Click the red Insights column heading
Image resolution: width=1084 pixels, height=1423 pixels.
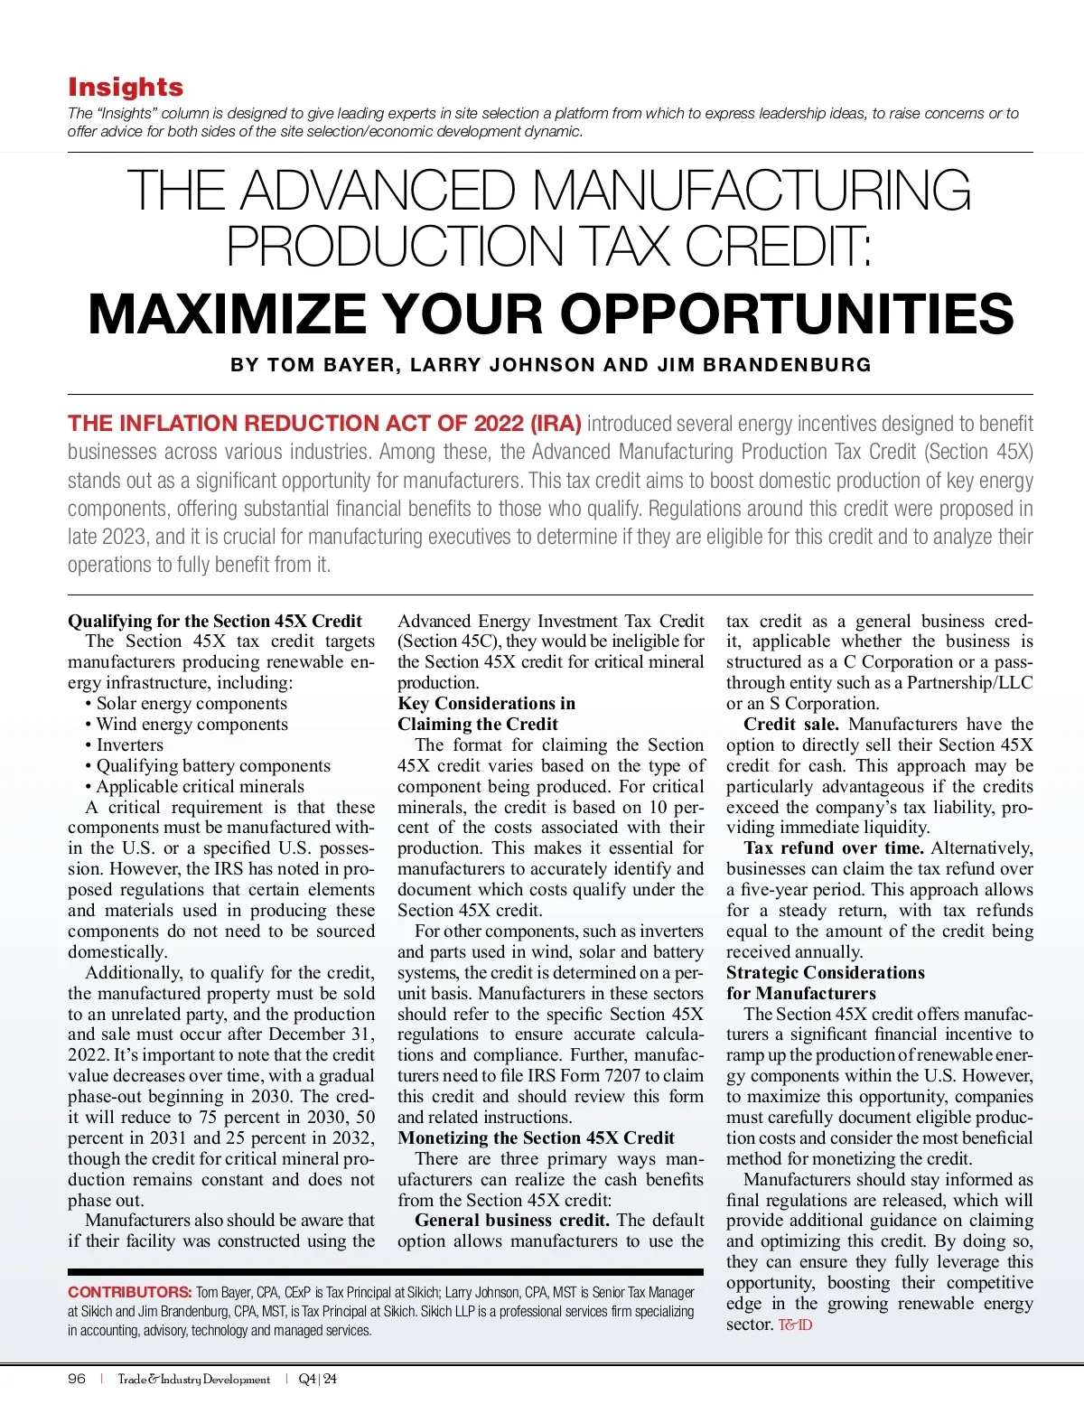(x=126, y=87)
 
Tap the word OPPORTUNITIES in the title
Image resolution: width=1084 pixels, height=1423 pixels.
(x=787, y=314)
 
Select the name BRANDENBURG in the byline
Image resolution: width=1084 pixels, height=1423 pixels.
(x=787, y=365)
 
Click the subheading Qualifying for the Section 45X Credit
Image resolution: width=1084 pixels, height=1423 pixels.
(x=215, y=621)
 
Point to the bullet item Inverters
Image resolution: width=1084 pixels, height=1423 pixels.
(x=129, y=744)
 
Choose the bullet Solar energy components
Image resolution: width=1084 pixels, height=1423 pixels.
(x=192, y=703)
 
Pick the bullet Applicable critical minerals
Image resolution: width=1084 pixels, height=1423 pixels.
(x=200, y=786)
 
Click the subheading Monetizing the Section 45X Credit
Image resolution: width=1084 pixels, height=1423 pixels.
(x=536, y=1137)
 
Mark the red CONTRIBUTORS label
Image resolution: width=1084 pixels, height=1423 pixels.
(x=129, y=1292)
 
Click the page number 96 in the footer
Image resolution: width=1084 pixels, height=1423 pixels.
(x=77, y=1379)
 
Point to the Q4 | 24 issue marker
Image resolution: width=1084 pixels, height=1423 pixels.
(x=317, y=1379)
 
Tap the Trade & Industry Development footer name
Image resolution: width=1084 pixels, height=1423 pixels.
(x=194, y=1379)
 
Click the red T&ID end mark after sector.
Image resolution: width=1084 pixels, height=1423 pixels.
(x=795, y=1325)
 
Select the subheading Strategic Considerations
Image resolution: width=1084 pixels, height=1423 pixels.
(x=825, y=972)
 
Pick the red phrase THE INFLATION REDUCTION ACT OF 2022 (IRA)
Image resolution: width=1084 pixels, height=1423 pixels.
(x=324, y=424)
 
